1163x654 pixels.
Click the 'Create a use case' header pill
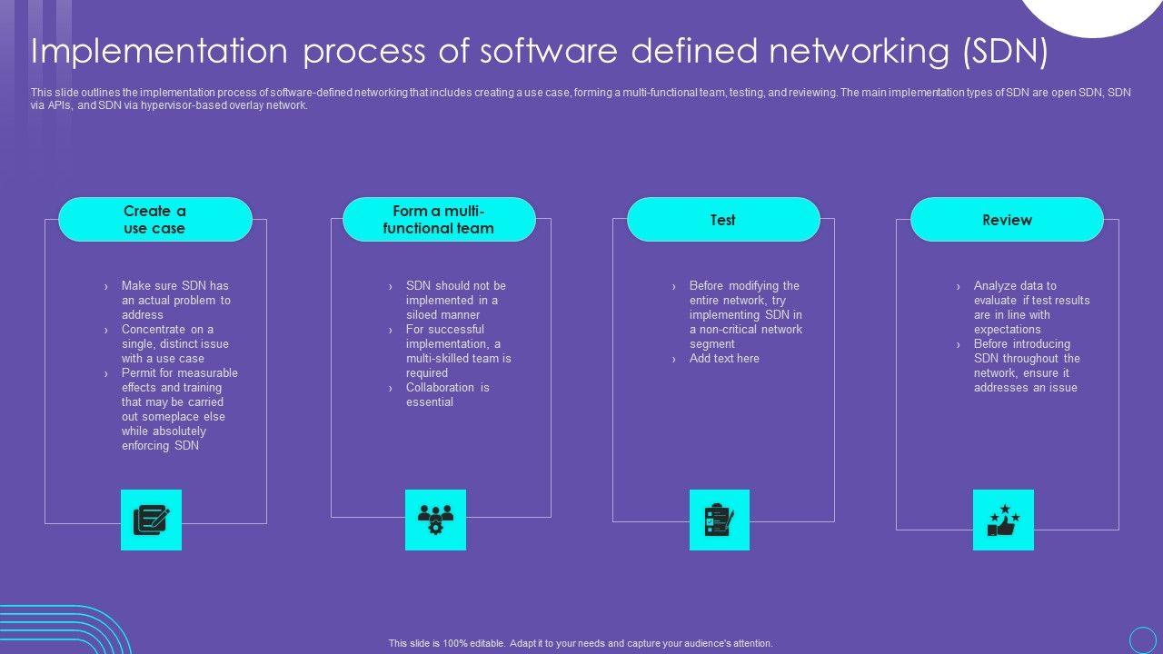tap(154, 220)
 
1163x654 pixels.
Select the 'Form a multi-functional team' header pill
tap(439, 220)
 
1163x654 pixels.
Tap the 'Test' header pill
tap(723, 220)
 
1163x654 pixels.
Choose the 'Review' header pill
tap(1007, 220)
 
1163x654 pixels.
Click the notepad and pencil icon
tap(151, 520)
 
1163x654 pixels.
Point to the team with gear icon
tap(435, 520)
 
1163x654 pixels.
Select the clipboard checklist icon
tap(720, 520)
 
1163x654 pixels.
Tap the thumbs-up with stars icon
tap(1003, 520)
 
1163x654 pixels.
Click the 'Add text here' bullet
tap(724, 359)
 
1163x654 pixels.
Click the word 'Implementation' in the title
tap(159, 52)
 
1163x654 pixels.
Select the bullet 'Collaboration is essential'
tap(447, 395)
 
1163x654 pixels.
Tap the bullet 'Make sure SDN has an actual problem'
tap(175, 300)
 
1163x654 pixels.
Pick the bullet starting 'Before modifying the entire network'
tap(745, 314)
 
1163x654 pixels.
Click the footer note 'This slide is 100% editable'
tap(581, 643)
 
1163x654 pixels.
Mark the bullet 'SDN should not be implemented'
tap(455, 300)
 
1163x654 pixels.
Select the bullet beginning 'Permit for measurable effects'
tap(179, 409)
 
